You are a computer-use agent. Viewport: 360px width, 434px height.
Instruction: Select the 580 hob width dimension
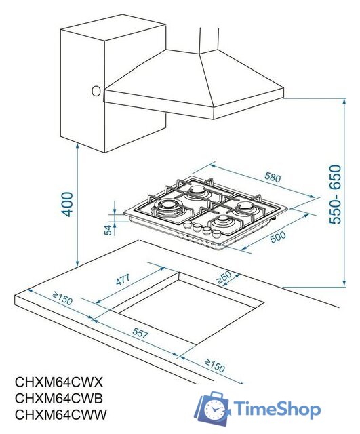[272, 178]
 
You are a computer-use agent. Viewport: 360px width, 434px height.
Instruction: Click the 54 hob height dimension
[108, 230]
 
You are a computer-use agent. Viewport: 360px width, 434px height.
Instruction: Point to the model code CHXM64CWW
[62, 414]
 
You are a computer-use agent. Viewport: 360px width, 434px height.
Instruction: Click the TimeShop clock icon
[213, 410]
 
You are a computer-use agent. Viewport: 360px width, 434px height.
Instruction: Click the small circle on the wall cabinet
[96, 90]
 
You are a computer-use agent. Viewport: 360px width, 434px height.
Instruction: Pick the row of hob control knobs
[197, 229]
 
